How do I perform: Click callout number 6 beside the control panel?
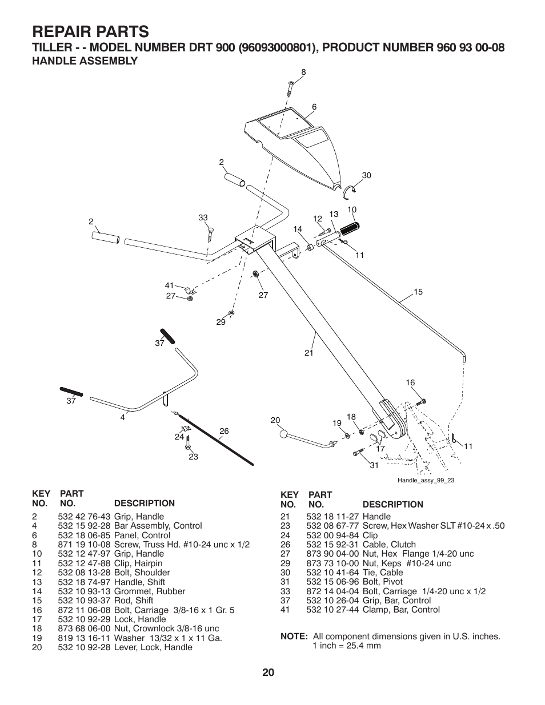314,107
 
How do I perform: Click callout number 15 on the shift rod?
418,292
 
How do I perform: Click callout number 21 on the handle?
309,353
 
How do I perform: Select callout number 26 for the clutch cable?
224,431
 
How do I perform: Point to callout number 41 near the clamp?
169,285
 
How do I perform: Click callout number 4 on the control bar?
122,417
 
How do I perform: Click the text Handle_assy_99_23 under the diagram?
426,480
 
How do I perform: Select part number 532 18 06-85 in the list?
85,535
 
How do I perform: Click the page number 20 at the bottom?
269,672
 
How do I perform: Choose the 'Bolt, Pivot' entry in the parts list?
383,581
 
